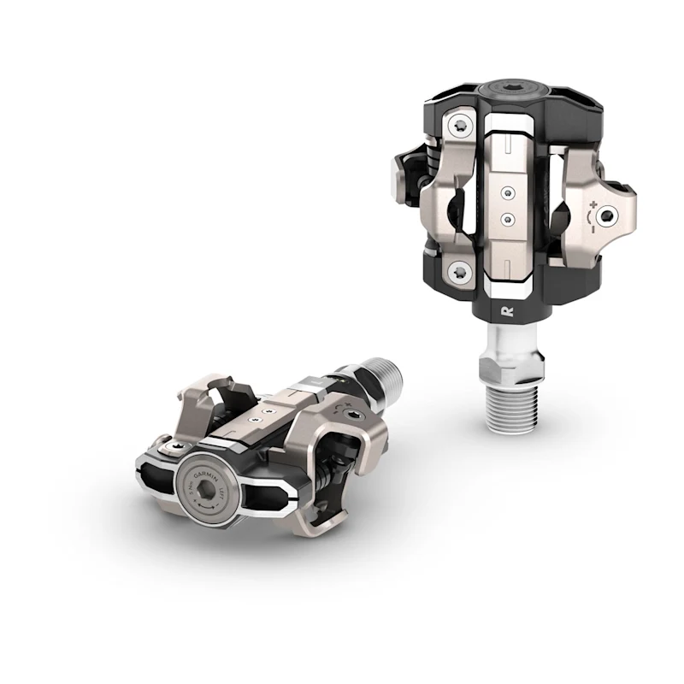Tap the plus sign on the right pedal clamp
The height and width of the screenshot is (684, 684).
pyautogui.click(x=593, y=205)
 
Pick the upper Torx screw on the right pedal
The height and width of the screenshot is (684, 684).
pyautogui.click(x=462, y=126)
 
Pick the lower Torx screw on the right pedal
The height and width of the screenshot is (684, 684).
pyautogui.click(x=461, y=273)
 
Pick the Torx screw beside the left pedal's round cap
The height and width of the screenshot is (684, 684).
pyautogui.click(x=162, y=446)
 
